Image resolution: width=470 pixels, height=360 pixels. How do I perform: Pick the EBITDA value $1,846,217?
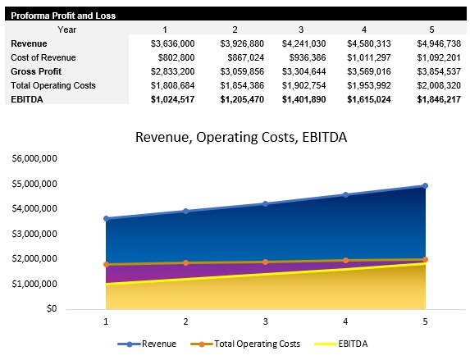pyautogui.click(x=438, y=98)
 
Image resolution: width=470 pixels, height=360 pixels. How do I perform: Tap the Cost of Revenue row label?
pyautogui.click(x=43, y=57)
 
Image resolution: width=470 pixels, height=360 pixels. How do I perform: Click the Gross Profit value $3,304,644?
pyautogui.click(x=303, y=71)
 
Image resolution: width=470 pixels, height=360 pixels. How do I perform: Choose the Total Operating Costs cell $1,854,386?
pyautogui.click(x=237, y=85)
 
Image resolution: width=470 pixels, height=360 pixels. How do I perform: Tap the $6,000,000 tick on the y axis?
pyautogui.click(x=34, y=158)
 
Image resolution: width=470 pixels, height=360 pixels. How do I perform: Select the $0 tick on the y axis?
pyautogui.click(x=51, y=309)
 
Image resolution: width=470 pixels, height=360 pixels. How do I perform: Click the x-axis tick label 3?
pyautogui.click(x=266, y=322)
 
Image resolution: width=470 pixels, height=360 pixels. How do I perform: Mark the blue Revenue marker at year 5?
pyautogui.click(x=425, y=186)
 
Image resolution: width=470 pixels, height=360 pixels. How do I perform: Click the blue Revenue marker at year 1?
pyautogui.click(x=106, y=219)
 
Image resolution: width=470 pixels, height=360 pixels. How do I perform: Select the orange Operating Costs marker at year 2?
pyautogui.click(x=186, y=262)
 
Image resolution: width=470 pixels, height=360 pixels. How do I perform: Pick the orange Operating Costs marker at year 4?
pyautogui.click(x=345, y=260)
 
